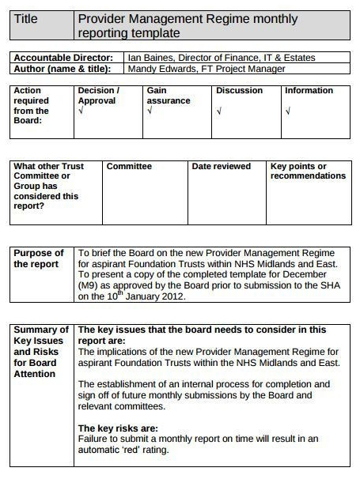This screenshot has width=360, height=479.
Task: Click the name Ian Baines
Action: (x=150, y=58)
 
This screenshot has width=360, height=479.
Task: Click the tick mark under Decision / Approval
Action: (x=81, y=111)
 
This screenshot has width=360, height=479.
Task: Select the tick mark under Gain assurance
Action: (x=150, y=111)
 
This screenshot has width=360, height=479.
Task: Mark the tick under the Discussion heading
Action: (x=219, y=111)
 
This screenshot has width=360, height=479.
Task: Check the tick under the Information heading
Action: (x=288, y=111)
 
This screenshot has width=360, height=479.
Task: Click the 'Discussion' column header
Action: (x=239, y=91)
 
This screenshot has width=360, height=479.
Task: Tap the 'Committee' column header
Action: (x=129, y=167)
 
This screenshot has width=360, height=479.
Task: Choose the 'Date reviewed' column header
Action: (x=221, y=167)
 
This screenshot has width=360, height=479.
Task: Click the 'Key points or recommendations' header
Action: (x=308, y=172)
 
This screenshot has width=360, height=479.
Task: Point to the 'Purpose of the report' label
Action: (x=39, y=258)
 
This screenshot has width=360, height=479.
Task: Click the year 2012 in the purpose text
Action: (x=172, y=297)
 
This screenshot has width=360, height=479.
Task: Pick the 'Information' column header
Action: (x=309, y=91)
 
